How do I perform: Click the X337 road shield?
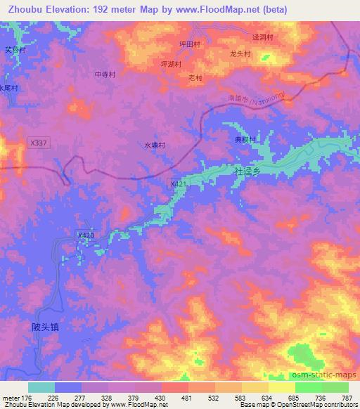[38, 143]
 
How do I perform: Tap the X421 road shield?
[179, 183]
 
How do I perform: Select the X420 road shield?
[85, 235]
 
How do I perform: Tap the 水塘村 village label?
[155, 145]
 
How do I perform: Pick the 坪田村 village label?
[190, 44]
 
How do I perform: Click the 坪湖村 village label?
[172, 63]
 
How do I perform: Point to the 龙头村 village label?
[240, 52]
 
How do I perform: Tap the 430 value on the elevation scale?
[162, 397]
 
